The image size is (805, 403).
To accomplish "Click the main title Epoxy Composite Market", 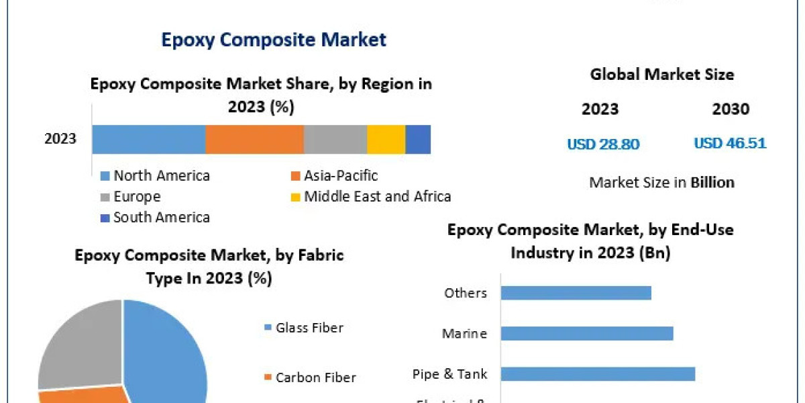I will click(x=274, y=40).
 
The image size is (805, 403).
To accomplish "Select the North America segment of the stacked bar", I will click(x=148, y=140).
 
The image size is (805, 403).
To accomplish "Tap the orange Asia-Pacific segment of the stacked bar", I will click(x=254, y=140).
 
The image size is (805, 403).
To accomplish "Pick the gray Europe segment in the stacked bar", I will click(x=335, y=140).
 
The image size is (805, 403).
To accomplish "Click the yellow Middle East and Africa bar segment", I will click(x=386, y=140).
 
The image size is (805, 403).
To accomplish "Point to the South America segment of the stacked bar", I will click(x=418, y=140).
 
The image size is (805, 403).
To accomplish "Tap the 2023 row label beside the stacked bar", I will click(x=60, y=140).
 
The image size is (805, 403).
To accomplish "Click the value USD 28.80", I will click(x=603, y=144).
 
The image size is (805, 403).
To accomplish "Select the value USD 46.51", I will click(x=730, y=144).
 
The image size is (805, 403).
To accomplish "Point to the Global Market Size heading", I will click(x=662, y=75).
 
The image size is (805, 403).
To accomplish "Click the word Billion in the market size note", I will click(x=713, y=182).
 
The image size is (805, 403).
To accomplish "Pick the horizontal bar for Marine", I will click(x=587, y=333).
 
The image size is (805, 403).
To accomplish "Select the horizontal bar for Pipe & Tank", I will click(x=598, y=374).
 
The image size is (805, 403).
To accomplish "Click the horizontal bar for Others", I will click(x=576, y=293).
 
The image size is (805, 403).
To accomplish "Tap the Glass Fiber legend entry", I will click(x=309, y=328).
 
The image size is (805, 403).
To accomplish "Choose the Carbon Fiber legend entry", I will click(x=315, y=377).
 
